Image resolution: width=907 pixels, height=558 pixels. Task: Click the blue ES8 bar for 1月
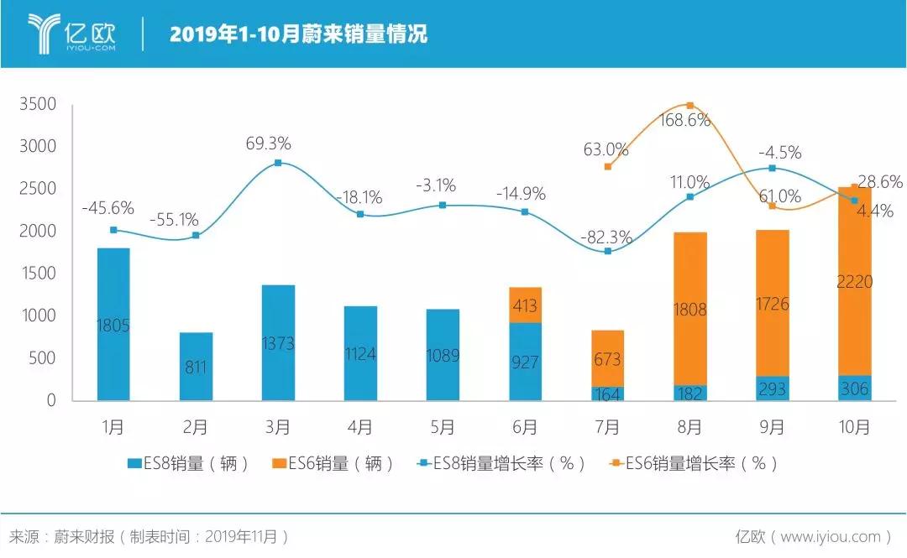tap(113, 324)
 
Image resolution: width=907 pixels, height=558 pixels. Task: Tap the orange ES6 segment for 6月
tap(525, 305)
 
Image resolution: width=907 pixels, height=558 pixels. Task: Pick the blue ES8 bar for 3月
tap(278, 342)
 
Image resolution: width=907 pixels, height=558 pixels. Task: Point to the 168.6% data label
tap(685, 120)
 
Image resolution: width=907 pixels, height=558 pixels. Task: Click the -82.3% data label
tap(606, 237)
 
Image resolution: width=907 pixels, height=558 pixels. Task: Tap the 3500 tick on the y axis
tap(38, 104)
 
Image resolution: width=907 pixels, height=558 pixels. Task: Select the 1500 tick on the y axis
tap(38, 274)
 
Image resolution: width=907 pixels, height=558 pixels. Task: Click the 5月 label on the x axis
tap(443, 427)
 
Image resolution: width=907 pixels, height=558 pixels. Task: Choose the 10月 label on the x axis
tap(854, 427)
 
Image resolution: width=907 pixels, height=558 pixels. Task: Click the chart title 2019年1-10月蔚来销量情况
tap(298, 34)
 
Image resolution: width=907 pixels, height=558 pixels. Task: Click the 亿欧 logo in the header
tap(71, 33)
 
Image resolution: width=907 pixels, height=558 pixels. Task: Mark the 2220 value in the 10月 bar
tap(854, 282)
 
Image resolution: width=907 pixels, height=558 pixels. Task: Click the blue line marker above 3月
tap(278, 163)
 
